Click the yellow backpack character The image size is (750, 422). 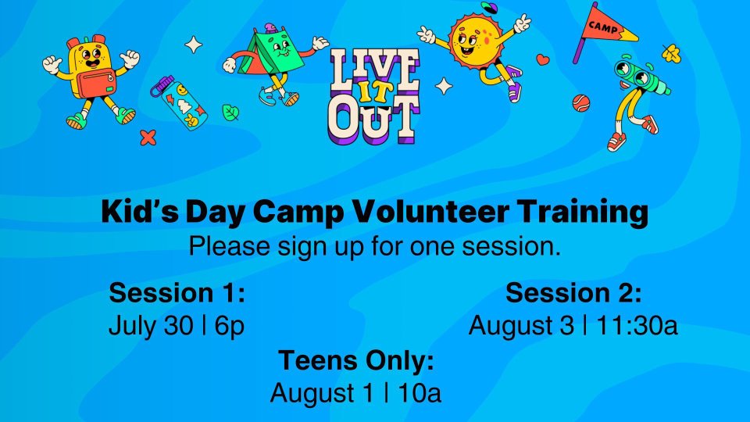tap(91, 80)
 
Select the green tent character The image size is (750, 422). tap(274, 63)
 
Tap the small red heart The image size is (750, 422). tap(542, 59)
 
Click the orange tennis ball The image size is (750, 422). tap(581, 103)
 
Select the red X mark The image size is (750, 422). tap(148, 138)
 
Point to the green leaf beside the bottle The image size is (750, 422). tap(230, 113)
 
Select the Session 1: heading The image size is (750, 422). tap(177, 292)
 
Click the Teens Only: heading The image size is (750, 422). tap(356, 359)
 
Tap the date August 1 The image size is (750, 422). tap(322, 393)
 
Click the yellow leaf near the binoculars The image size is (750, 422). tap(671, 52)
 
